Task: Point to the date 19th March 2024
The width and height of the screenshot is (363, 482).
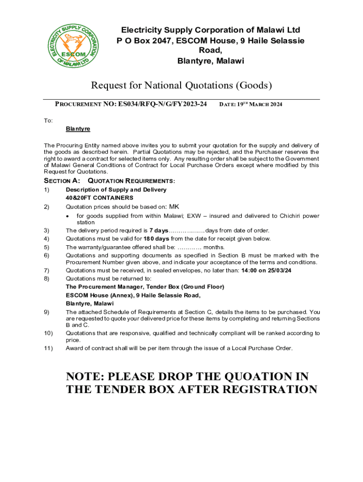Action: click(251, 104)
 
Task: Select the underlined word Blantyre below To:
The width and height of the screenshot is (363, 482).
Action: click(78, 129)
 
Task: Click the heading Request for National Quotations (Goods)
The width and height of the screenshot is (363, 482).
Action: click(181, 85)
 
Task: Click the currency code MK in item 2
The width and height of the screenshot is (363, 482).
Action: click(174, 207)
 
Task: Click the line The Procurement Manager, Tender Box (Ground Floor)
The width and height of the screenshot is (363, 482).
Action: click(145, 287)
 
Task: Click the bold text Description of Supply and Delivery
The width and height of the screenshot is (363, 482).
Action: click(116, 190)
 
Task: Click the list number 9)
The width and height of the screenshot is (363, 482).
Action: click(47, 312)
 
